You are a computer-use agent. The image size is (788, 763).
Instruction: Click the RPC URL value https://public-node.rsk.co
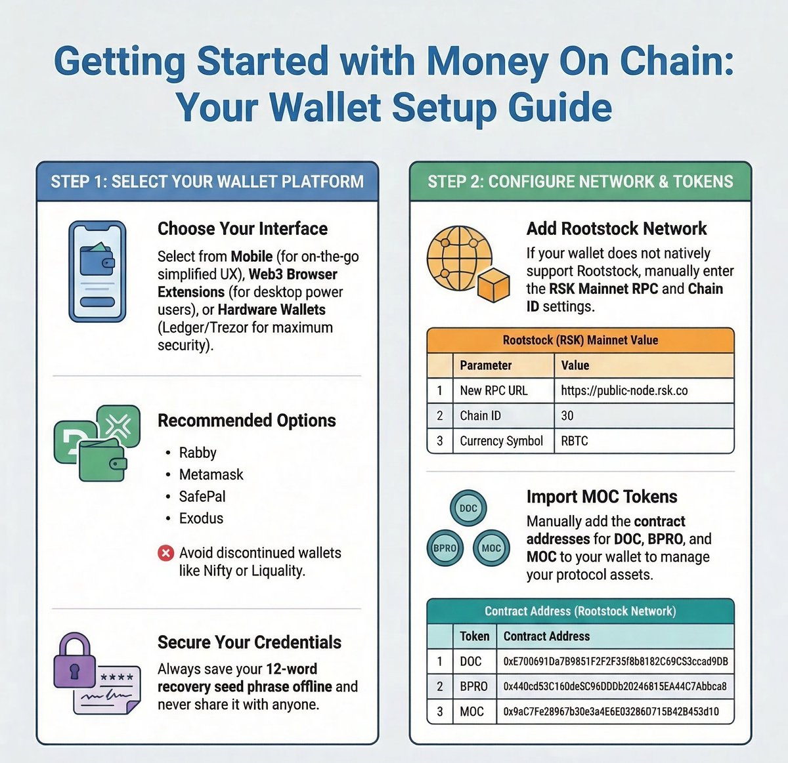(624, 390)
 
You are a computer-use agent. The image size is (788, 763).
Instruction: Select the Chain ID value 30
(567, 415)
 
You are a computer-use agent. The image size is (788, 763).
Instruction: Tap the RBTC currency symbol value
(575, 441)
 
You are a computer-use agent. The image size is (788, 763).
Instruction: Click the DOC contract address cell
(615, 661)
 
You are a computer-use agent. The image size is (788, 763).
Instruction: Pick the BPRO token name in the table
(474, 686)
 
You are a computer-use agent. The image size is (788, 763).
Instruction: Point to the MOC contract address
(611, 711)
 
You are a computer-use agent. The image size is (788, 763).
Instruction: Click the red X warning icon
(165, 553)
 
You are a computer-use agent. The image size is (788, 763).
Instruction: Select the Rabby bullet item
(198, 453)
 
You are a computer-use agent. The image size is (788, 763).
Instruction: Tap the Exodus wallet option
(201, 518)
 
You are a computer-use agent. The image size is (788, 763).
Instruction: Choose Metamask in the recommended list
(211, 474)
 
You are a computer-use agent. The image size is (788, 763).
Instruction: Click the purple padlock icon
(74, 662)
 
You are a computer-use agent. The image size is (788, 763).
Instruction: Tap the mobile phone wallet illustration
(97, 270)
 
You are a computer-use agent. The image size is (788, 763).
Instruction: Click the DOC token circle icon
(468, 508)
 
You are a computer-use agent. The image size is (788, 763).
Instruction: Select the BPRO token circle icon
(445, 548)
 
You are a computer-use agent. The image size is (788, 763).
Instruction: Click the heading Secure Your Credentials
(250, 642)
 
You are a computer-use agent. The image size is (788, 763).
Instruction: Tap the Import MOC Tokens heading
(602, 497)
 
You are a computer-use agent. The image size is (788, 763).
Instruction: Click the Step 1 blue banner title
(207, 182)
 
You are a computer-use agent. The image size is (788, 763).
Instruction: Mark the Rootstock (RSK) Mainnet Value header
(580, 340)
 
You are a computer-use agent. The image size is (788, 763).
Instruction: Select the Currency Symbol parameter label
(501, 441)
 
